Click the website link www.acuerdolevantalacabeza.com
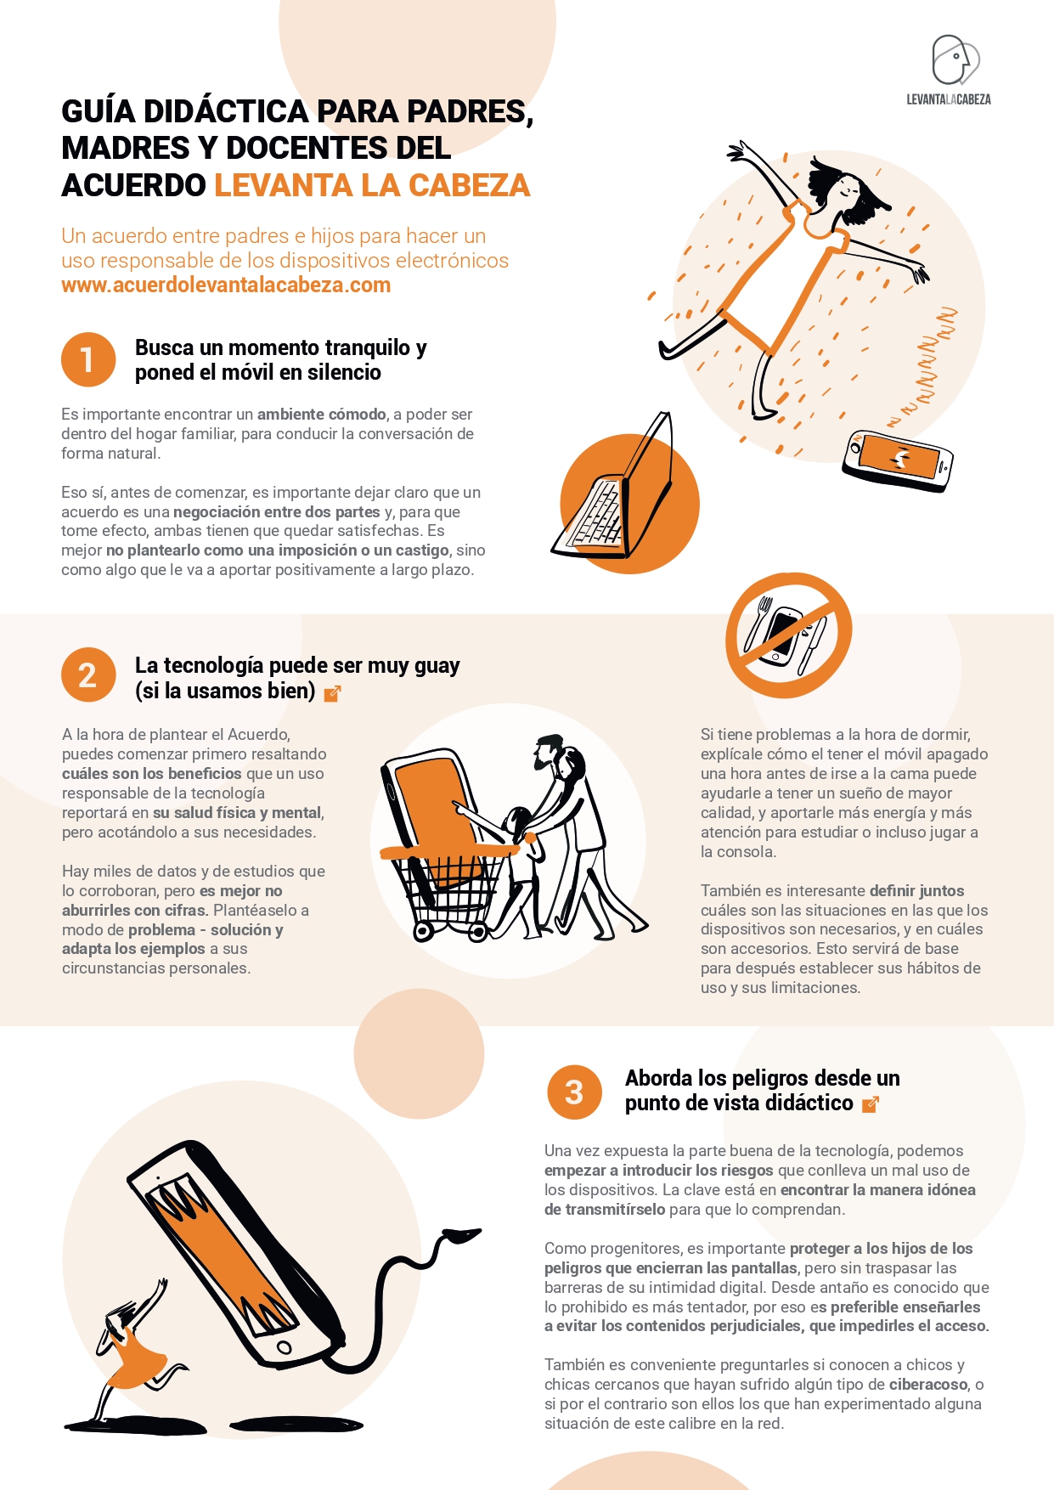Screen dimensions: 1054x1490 click(x=226, y=285)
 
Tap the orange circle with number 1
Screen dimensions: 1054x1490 click(x=88, y=359)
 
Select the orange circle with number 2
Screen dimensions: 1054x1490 click(x=88, y=675)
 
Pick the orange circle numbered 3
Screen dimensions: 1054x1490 click(x=575, y=1092)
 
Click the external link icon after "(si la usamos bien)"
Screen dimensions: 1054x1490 click(x=333, y=693)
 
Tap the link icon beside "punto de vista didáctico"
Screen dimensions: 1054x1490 click(x=871, y=1104)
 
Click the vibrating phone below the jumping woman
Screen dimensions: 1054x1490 click(x=898, y=460)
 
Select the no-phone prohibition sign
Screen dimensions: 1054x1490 click(x=789, y=635)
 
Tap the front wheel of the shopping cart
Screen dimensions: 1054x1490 click(x=424, y=932)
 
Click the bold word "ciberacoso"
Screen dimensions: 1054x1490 click(x=928, y=1385)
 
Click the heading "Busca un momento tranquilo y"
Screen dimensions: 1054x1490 click(x=280, y=347)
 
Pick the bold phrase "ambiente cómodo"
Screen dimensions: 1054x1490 click(x=322, y=415)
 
